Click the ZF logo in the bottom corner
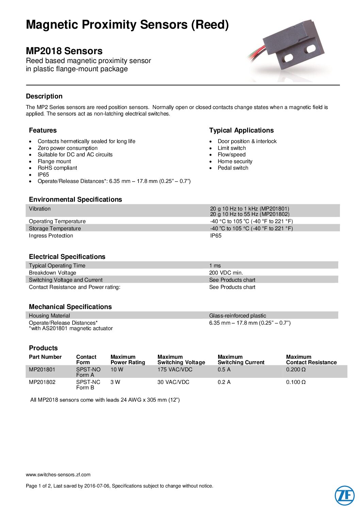(x=344, y=495)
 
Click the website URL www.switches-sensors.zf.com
(x=58, y=475)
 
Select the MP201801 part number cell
(x=42, y=369)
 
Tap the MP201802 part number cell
(x=42, y=382)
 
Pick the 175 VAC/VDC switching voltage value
(x=175, y=369)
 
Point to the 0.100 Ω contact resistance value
(x=296, y=382)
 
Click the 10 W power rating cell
(x=117, y=369)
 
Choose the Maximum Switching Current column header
(x=241, y=359)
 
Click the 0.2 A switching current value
(x=224, y=382)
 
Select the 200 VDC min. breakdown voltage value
(x=226, y=273)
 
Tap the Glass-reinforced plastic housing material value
(x=238, y=315)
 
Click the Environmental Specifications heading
(x=75, y=199)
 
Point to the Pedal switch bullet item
(x=233, y=168)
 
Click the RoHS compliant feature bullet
(x=57, y=168)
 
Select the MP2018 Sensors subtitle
(x=64, y=51)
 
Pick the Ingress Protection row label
(x=51, y=235)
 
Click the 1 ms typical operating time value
(x=215, y=265)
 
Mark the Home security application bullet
(x=235, y=161)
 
